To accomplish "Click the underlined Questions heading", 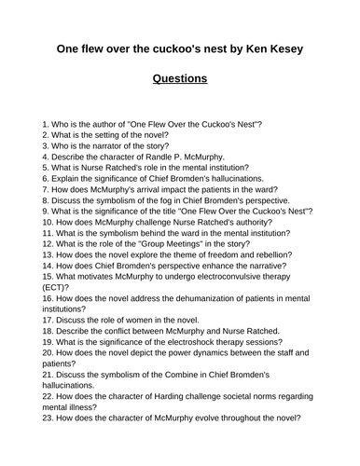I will (179, 78).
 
